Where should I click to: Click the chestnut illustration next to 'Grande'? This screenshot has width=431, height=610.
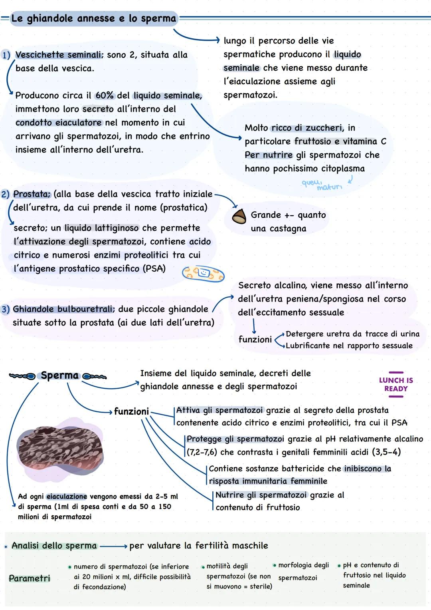(239, 217)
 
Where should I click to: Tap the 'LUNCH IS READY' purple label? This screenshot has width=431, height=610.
(395, 384)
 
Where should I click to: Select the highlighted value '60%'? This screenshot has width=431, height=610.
(105, 96)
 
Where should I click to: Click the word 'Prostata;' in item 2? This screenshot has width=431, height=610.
(32, 194)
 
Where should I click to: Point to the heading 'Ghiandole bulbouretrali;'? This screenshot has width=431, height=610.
(64, 309)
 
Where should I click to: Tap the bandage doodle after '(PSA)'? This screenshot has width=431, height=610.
(203, 274)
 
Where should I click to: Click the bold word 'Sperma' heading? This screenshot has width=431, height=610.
(60, 376)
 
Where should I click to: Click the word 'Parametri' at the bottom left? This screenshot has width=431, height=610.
(30, 578)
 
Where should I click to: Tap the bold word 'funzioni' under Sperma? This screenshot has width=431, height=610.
(131, 411)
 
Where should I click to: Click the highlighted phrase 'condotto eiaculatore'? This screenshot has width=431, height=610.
(59, 123)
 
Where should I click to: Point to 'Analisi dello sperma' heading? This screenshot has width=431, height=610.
(54, 546)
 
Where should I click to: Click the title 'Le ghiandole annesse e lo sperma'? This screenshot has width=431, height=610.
(94, 18)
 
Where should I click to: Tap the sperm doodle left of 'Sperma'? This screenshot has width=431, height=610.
(22, 376)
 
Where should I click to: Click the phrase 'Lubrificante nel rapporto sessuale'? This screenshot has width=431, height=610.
(349, 346)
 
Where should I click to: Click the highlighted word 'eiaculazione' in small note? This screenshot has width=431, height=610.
(67, 497)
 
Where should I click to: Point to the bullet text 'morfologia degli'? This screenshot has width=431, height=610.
(303, 565)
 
